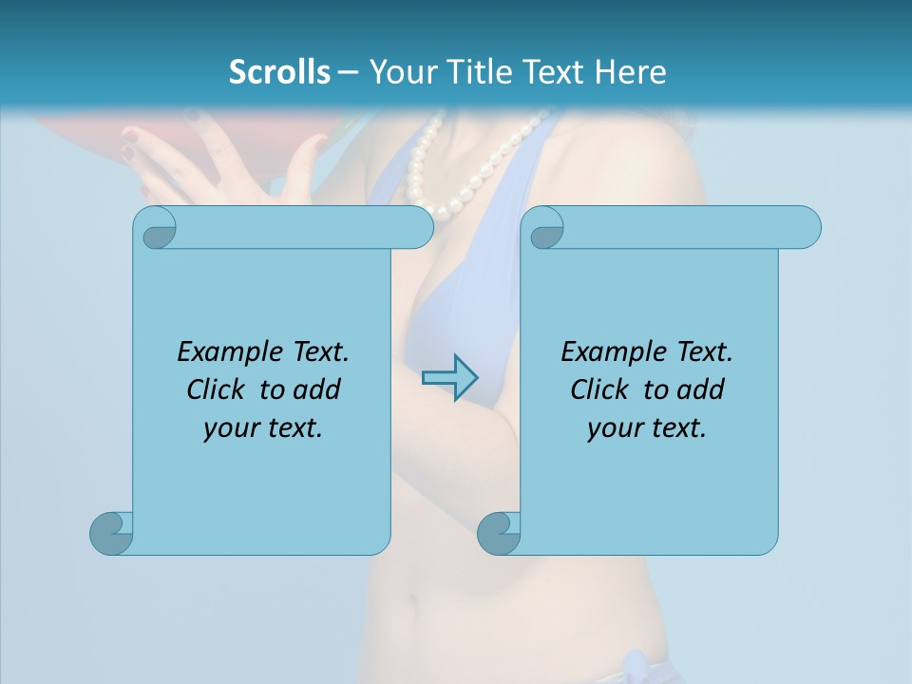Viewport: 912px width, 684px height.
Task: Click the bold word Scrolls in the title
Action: tap(279, 72)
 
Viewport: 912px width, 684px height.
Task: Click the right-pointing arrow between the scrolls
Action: tap(450, 377)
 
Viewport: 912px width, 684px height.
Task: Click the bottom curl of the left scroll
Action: tap(112, 532)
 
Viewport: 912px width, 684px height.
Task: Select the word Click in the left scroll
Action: tap(219, 389)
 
